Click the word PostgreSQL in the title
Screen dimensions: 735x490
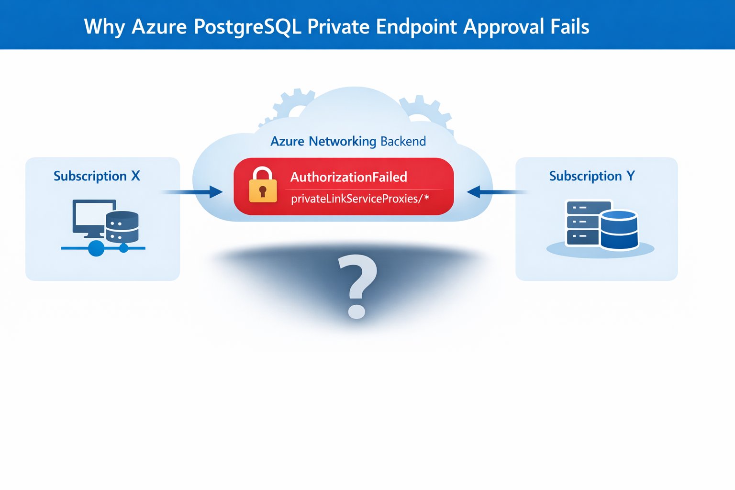pos(247,27)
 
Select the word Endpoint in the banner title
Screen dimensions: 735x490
pos(416,26)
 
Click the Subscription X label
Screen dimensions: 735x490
pos(97,176)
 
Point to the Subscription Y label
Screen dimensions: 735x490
pos(592,176)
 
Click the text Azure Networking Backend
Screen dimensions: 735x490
pos(348,142)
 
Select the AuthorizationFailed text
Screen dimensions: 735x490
pos(348,177)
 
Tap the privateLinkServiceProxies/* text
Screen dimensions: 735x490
pos(360,199)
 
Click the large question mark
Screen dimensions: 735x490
pos(357,286)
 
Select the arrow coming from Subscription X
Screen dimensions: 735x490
pos(192,192)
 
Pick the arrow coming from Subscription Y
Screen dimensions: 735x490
pos(497,192)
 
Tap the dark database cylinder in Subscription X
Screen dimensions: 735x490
pos(122,227)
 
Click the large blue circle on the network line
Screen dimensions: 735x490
pos(97,248)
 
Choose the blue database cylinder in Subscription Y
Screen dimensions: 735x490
pos(619,230)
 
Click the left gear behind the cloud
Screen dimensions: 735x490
pos(292,103)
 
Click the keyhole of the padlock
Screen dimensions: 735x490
pos(263,191)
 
